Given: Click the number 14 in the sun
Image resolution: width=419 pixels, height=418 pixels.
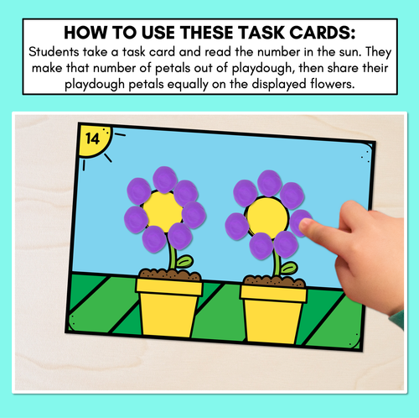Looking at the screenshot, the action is pyautogui.click(x=92, y=138).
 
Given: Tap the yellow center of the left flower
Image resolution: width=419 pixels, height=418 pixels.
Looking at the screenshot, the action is pyautogui.click(x=162, y=212).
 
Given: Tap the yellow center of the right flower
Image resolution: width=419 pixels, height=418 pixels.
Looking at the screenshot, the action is pyautogui.click(x=267, y=218).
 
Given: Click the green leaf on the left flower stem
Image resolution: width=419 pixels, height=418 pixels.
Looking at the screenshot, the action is pyautogui.click(x=184, y=262).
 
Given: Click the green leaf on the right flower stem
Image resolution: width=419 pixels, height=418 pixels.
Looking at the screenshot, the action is pyautogui.click(x=289, y=268).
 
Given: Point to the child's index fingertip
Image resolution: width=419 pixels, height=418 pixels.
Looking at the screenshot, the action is pyautogui.click(x=305, y=225).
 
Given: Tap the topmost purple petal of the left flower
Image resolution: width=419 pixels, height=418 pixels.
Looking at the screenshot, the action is pyautogui.click(x=165, y=180).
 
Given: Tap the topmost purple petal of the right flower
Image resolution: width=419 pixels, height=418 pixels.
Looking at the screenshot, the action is pyautogui.click(x=269, y=183).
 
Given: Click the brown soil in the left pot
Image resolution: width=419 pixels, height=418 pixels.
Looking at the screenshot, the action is pyautogui.click(x=170, y=274).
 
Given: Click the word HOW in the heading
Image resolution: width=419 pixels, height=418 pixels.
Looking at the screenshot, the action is pyautogui.click(x=85, y=33).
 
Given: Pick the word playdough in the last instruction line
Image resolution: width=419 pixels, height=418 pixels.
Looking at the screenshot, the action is pyautogui.click(x=95, y=85).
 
